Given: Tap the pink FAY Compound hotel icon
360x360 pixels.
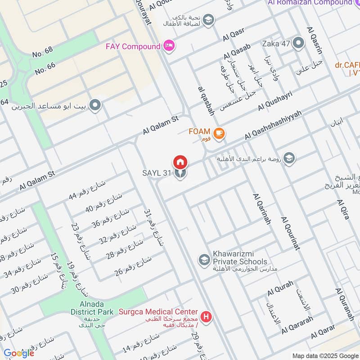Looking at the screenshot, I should [169, 46].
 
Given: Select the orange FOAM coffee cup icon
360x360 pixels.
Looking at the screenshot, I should [219, 133].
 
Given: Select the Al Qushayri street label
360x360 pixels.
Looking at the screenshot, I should [275, 101].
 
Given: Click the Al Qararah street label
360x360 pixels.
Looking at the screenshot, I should [297, 327].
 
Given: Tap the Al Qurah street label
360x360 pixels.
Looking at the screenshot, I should [280, 288].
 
